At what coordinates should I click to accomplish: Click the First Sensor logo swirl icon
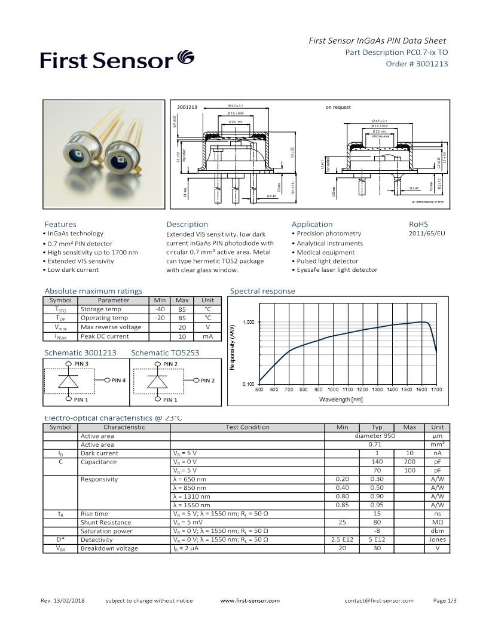click(x=185, y=59)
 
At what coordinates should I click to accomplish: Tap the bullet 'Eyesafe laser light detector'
click(x=337, y=270)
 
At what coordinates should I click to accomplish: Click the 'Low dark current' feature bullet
click(x=72, y=270)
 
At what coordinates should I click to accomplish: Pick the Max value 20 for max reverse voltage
click(x=182, y=327)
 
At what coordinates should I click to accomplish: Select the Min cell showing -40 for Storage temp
click(x=160, y=309)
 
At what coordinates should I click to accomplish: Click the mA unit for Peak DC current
click(x=207, y=336)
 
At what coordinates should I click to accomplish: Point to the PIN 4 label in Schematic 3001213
click(x=118, y=381)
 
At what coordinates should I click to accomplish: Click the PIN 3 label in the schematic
click(x=81, y=364)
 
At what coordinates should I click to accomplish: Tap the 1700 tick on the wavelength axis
click(x=436, y=389)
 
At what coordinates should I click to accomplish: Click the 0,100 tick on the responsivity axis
click(x=248, y=384)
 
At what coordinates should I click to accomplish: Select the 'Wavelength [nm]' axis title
click(x=341, y=399)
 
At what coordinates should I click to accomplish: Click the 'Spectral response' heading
click(x=262, y=291)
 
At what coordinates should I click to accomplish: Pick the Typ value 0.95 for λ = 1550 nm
click(x=377, y=505)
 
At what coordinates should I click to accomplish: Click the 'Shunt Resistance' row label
click(x=106, y=522)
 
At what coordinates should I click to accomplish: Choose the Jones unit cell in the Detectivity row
click(x=437, y=539)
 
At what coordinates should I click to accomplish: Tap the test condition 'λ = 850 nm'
click(x=190, y=487)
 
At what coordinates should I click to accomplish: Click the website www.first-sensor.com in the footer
click(x=250, y=600)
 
